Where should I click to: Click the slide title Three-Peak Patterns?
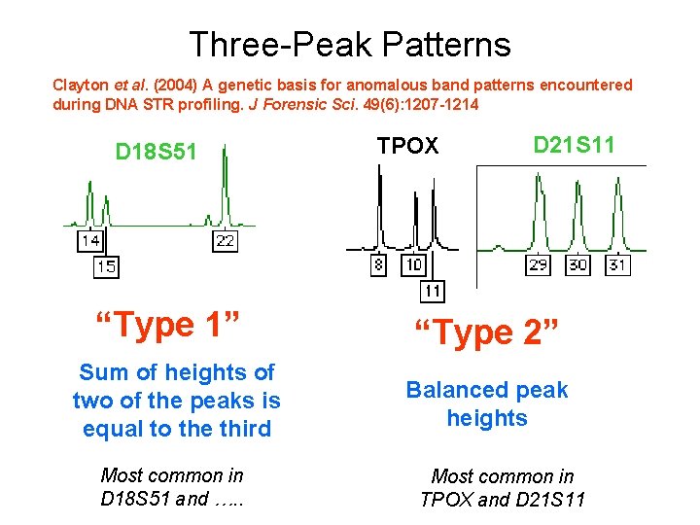349,44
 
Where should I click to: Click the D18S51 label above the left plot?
156,152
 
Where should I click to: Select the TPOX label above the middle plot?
407,147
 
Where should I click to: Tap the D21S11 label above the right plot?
574,145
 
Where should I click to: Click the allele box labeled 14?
90,240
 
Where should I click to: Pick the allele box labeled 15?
106,266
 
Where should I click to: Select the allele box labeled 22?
225,240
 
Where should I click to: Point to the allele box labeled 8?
379,264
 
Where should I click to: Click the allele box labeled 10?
413,264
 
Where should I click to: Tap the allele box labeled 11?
433,291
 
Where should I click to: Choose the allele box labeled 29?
538,264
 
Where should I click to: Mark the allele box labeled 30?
577,264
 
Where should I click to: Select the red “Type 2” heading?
487,333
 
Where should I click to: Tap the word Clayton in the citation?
81,86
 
